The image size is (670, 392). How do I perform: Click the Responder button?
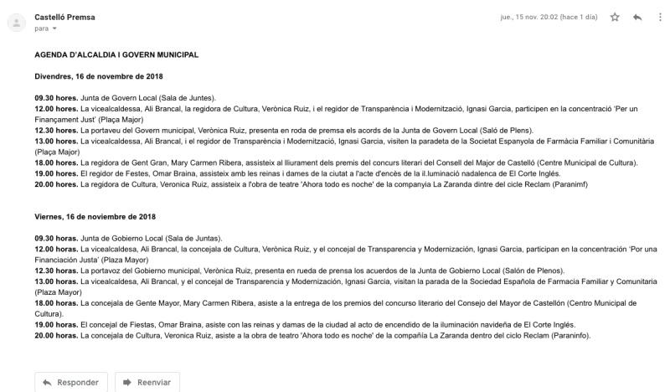(x=70, y=383)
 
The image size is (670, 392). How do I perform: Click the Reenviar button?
(x=147, y=383)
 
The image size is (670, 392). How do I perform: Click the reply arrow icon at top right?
(x=638, y=17)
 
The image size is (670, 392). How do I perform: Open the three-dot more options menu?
(x=660, y=17)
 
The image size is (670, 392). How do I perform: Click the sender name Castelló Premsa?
(x=64, y=17)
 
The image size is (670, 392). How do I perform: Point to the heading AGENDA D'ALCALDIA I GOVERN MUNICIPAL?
(x=116, y=55)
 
